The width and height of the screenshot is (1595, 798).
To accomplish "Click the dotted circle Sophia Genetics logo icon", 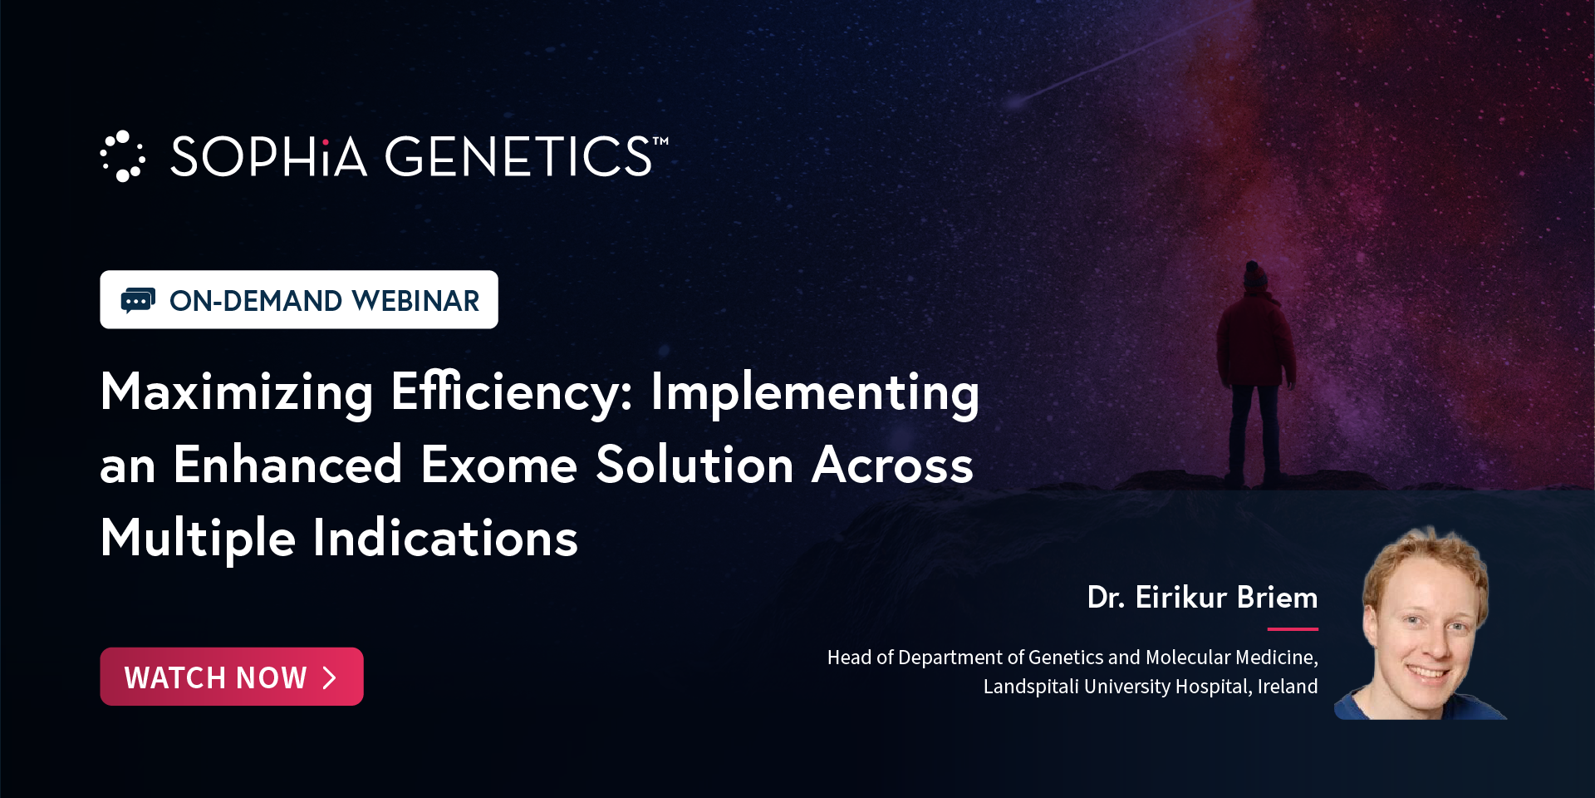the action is pos(123,156).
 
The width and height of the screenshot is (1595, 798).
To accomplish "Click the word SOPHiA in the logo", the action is pos(268,157).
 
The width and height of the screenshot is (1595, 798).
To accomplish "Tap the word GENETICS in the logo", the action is pos(518,157).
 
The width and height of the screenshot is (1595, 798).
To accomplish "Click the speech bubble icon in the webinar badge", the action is pos(138,300).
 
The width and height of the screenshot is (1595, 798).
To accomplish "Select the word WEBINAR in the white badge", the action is pos(415,301).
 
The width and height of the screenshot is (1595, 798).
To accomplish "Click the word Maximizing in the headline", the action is pos(237,392).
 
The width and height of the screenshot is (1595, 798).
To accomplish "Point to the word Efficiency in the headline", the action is pos(512,392).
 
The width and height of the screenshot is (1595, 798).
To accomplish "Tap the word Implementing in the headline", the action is pos(815,392).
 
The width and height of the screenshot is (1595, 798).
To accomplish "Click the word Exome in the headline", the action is pos(499,465).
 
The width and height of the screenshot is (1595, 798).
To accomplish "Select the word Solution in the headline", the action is pos(695,465).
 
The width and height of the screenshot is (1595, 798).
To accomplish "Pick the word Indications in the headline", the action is pos(445,538).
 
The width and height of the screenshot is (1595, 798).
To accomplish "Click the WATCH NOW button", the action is pos(232,677).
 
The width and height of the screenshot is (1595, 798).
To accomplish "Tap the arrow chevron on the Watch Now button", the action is pos(330,677).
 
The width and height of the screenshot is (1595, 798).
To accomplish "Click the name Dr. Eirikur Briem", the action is pos(1202,598).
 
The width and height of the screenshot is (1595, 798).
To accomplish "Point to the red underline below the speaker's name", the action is pos(1293,629).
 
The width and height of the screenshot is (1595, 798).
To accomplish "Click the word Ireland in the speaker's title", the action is pos(1288,687).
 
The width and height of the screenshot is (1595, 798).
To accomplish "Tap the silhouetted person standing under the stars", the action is pos(1254,373).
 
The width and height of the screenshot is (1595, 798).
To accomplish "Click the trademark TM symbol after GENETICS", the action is pos(660,141).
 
